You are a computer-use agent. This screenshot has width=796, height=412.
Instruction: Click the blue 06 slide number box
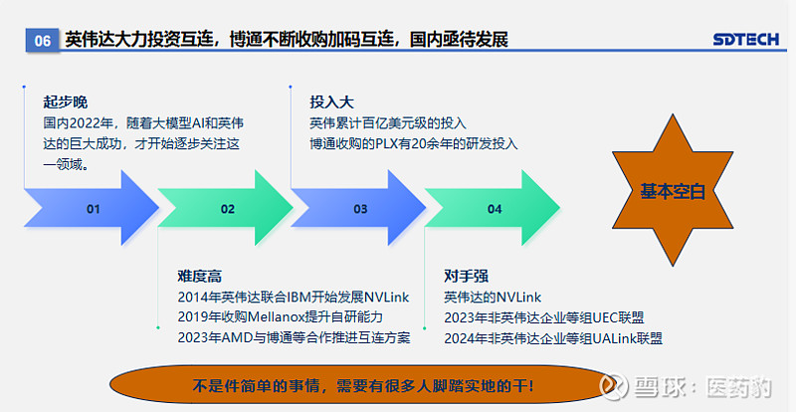43,40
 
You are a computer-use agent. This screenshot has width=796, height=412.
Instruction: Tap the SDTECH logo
745,39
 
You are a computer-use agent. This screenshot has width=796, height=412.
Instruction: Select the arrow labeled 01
92,208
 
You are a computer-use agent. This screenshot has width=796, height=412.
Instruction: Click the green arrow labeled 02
226,208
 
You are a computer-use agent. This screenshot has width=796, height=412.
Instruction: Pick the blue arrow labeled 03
358,208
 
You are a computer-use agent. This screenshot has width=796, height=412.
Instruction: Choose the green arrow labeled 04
493,208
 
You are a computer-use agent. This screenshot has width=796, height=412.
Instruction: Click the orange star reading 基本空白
673,190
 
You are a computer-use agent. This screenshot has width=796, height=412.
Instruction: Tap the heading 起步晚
66,103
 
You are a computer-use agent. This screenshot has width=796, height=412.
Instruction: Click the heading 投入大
332,103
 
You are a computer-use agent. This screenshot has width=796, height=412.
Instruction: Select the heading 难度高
200,276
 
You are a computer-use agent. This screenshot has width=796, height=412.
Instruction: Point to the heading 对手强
466,276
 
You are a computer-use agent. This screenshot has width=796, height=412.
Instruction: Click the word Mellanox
276,317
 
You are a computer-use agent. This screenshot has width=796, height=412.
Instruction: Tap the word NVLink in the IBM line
387,297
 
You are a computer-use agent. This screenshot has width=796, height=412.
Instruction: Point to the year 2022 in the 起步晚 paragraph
85,123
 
